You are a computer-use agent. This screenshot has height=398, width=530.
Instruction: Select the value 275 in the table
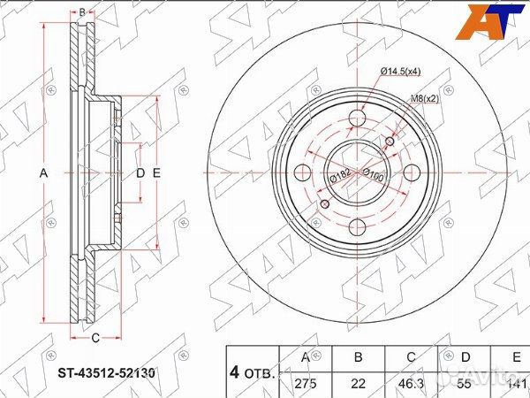(305, 382)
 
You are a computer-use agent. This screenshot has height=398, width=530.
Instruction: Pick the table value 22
(358, 382)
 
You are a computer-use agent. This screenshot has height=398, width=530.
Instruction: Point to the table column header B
(358, 357)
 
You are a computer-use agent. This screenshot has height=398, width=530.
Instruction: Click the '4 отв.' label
(253, 371)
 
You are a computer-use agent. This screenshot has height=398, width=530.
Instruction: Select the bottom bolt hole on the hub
(358, 227)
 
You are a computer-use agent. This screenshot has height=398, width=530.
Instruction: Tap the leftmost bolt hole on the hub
(303, 172)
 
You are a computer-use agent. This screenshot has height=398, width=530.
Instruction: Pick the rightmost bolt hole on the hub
(413, 172)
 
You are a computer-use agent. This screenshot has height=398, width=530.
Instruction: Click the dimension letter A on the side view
(42, 172)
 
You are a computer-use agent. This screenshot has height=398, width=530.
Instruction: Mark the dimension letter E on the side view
(156, 172)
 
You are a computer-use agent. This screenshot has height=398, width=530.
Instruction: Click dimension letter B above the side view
(81, 11)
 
